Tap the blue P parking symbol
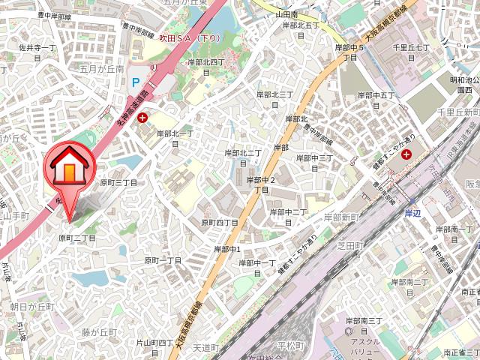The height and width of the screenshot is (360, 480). tap(136, 82)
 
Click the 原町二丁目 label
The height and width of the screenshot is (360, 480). tap(77, 238)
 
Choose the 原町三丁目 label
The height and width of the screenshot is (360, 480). tap(118, 182)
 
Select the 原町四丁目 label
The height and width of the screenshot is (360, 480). tap(219, 223)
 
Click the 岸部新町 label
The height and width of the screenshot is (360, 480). tap(342, 217)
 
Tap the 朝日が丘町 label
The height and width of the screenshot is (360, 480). tap(33, 307)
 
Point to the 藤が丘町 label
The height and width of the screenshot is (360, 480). tap(100, 331)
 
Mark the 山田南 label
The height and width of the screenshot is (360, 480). tap(286, 14)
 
